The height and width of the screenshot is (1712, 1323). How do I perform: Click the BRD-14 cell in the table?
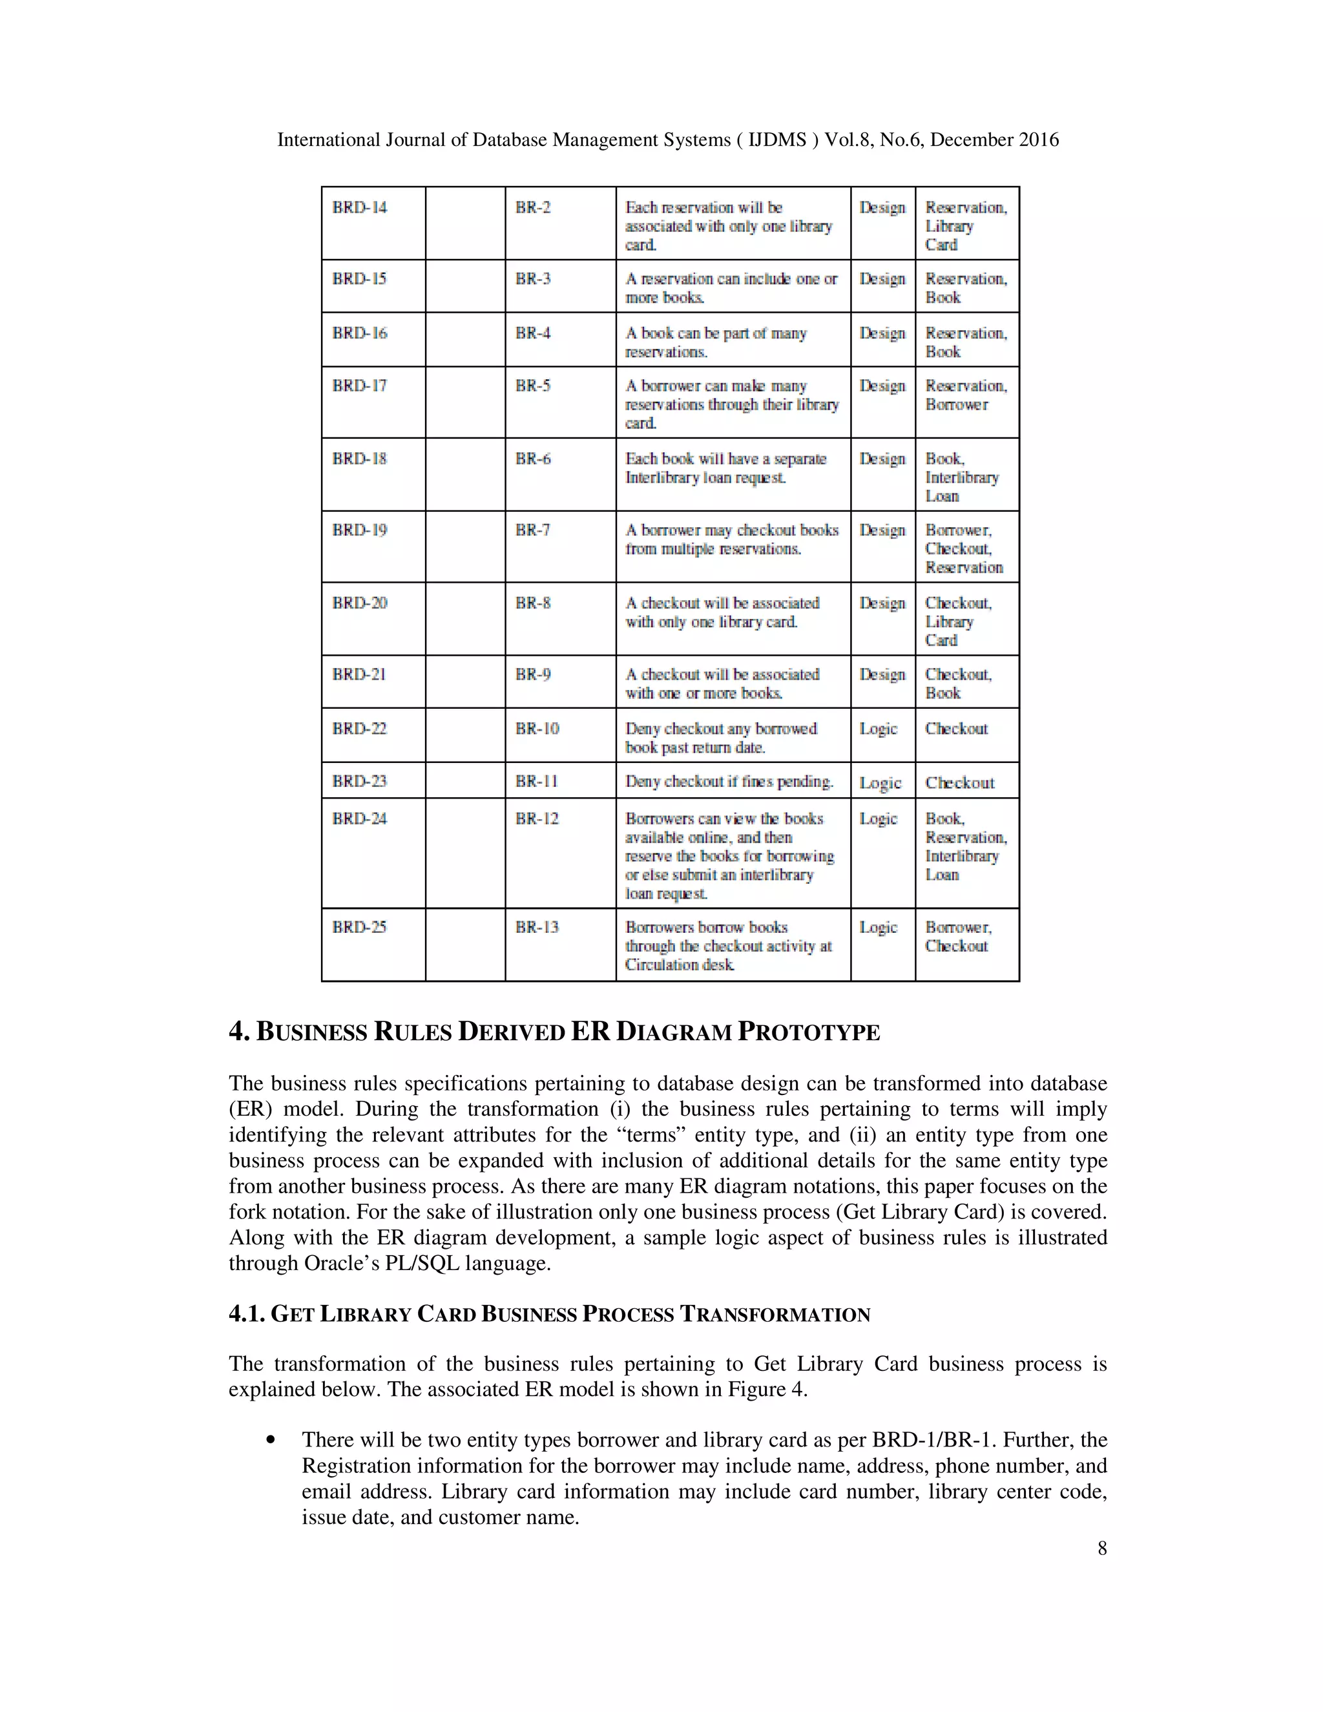[359, 208]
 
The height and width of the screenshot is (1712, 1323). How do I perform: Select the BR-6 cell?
[533, 459]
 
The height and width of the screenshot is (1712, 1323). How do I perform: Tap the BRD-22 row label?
[359, 728]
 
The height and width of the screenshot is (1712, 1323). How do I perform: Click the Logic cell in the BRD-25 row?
[878, 927]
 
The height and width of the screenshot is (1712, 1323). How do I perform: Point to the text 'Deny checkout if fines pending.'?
[729, 782]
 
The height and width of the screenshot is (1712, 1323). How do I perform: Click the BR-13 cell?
[537, 927]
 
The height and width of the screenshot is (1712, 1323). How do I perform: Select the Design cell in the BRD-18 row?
[882, 459]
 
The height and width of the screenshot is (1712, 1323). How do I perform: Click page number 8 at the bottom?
[1102, 1547]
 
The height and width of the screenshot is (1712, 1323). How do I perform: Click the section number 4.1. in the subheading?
[247, 1315]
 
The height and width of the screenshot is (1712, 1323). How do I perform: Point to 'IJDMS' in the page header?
[778, 140]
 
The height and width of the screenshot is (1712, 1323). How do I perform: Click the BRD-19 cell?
[359, 530]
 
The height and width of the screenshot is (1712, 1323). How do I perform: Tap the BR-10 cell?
[537, 728]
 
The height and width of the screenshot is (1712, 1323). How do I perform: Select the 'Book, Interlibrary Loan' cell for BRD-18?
[962, 477]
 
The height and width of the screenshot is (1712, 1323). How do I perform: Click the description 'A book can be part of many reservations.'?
[716, 342]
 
